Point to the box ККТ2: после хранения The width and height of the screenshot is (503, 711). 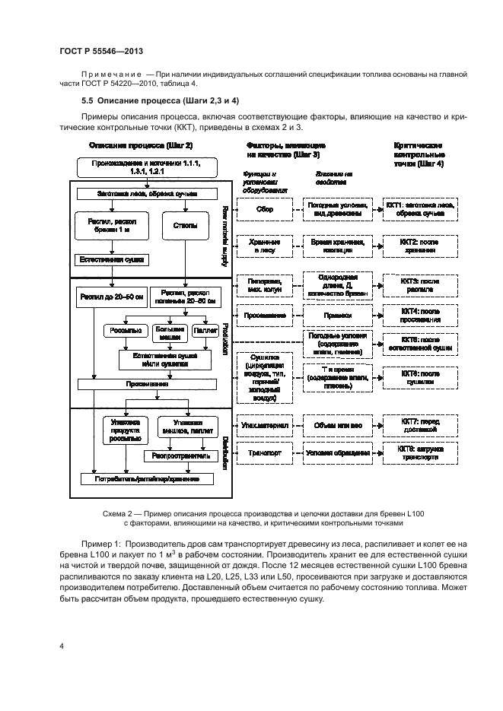pyautogui.click(x=419, y=246)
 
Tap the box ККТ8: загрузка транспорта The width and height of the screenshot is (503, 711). pyautogui.click(x=419, y=452)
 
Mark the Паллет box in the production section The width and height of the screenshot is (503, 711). pyautogui.click(x=205, y=331)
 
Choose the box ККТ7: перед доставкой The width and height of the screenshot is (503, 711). pyautogui.click(x=419, y=426)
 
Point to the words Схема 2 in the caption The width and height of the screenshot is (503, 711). pyautogui.click(x=119, y=514)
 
